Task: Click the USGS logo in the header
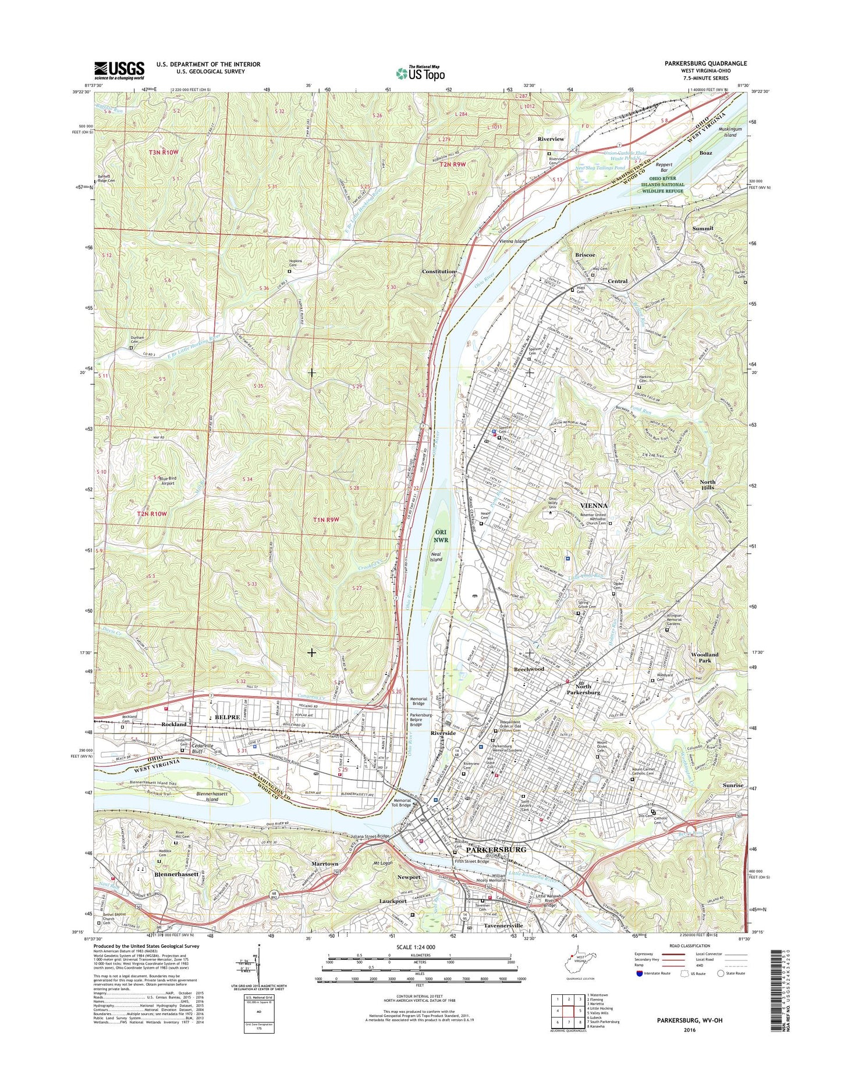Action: point(119,70)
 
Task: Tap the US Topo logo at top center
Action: point(420,73)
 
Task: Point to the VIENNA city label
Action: point(593,506)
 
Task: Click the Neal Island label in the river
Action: point(436,556)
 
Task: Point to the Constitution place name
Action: point(439,272)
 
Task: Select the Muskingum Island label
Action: point(727,131)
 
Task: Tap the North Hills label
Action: point(707,485)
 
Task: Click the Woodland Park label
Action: point(704,658)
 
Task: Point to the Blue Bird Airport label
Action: point(167,481)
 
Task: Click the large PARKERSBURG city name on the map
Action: point(496,849)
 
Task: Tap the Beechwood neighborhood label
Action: point(528,669)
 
